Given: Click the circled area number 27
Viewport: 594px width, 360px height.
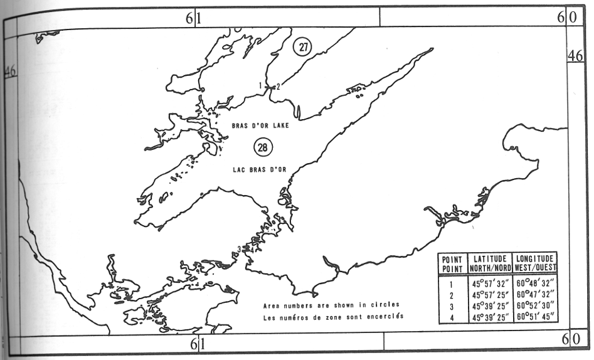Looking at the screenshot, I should coord(302,47).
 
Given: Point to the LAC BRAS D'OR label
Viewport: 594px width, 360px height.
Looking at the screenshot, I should coord(258,169).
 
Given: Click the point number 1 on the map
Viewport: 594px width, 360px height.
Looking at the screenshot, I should coord(260,85).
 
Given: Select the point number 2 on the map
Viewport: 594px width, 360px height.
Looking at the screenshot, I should coord(278,87).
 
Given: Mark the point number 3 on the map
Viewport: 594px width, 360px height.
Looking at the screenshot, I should coord(240,250).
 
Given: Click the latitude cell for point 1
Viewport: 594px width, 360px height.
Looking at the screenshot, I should coord(490,283).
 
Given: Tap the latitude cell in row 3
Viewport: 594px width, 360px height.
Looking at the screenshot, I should coord(490,305).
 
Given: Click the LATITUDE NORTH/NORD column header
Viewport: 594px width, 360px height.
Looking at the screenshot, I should coord(490,263).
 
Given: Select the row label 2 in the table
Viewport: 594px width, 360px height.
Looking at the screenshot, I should coord(452,294).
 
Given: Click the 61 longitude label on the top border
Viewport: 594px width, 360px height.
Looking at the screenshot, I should coord(193,18).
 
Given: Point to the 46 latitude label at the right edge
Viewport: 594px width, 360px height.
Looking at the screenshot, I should coord(576,56).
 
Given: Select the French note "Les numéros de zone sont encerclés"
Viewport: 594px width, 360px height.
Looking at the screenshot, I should coord(331,317).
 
